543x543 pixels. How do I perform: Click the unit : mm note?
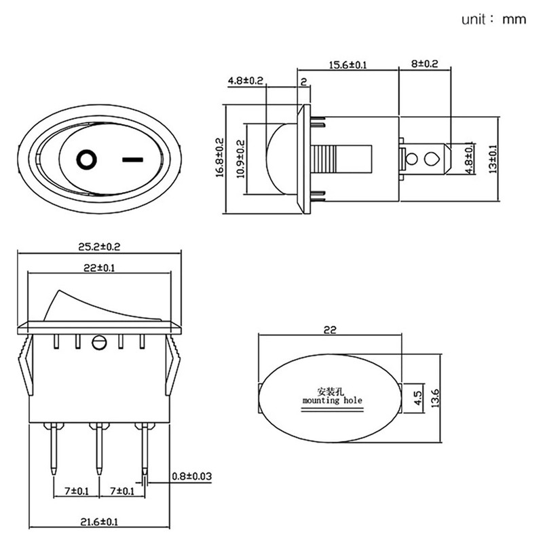pos(493,19)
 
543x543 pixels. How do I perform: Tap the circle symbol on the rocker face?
pos(86,160)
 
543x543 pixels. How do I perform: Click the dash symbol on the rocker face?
pos(132,160)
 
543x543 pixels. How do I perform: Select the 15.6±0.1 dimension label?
pos(348,64)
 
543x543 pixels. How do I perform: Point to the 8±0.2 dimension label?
pos(424,64)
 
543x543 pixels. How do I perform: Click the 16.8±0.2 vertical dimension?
pos(220,157)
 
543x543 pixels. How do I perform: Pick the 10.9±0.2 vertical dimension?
pos(241,159)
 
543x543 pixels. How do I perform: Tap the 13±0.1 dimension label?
pos(493,159)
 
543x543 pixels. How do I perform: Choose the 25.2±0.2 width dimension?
pos(99,247)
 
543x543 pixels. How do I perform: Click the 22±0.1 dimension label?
pos(99,268)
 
